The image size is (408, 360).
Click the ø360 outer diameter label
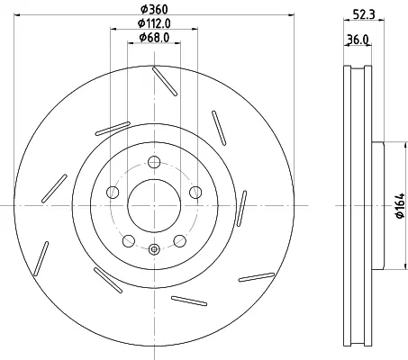(x=154, y=9)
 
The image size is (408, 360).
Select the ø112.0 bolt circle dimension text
(x=154, y=23)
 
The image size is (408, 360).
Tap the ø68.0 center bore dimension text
(x=154, y=38)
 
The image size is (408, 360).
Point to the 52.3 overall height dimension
(x=364, y=13)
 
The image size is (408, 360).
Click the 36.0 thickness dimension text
(x=358, y=40)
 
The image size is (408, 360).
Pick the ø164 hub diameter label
(x=401, y=206)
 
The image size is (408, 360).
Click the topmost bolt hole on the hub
(x=154, y=162)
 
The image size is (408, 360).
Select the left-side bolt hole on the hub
(x=113, y=192)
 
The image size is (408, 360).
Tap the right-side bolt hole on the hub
(x=195, y=192)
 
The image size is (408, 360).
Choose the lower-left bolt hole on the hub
(x=129, y=241)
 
